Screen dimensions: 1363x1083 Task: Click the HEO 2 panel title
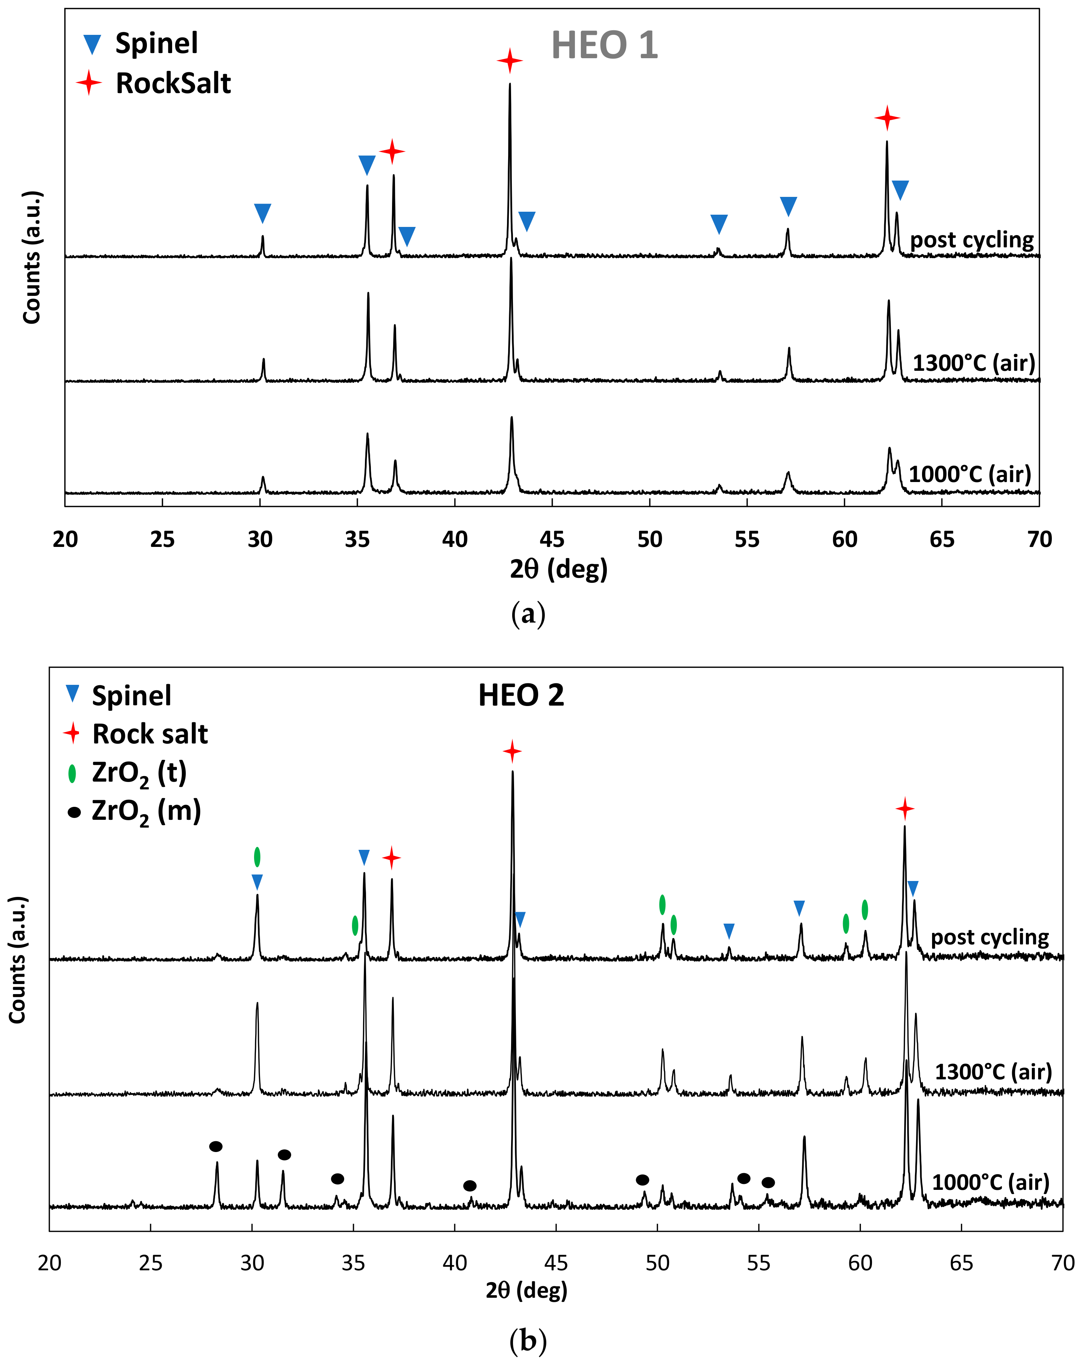[521, 696]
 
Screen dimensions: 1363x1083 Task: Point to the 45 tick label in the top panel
[552, 539]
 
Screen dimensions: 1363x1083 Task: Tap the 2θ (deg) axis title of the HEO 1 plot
[558, 569]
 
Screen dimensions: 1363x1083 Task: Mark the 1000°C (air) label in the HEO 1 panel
[969, 474]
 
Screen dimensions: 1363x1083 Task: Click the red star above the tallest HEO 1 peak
[510, 61]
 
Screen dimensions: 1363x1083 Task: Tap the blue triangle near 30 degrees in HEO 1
[262, 213]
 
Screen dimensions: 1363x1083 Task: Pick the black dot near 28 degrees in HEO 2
[215, 1146]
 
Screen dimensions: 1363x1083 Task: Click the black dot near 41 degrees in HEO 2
[470, 1185]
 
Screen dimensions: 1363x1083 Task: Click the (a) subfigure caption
[527, 614]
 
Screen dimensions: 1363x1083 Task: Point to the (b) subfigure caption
[527, 1339]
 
